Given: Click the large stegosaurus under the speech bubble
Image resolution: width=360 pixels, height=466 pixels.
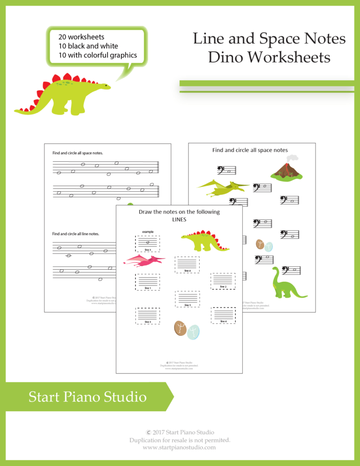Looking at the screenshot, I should pos(61,96).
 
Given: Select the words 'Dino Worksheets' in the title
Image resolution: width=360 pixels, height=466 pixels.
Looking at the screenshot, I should pos(269,58).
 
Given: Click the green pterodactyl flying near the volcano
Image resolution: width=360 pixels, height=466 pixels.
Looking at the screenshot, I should pos(218,187).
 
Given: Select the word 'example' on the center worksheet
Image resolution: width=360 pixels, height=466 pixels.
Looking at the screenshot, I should pos(148,232).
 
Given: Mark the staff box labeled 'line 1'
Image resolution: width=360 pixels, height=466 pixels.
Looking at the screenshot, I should pos(147,281).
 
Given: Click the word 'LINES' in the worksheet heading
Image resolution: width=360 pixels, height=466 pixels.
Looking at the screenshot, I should pos(179,220).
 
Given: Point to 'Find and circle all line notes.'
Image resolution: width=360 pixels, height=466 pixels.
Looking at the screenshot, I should pos(79,233).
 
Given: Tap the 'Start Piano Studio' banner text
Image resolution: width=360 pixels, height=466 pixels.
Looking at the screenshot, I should pos(87,398).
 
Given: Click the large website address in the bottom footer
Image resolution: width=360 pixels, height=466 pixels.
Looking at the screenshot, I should pos(179,447).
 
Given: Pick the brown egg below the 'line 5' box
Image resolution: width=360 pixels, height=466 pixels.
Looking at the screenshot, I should pos(180,328).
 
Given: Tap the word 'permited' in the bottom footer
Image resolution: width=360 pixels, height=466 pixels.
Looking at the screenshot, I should pos(214,440).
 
